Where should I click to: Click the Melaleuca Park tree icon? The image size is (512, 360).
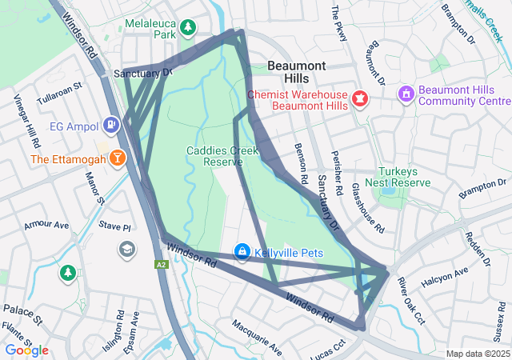point(188,28)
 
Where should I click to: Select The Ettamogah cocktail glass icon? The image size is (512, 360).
point(118,158)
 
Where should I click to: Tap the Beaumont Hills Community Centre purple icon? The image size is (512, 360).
point(406,94)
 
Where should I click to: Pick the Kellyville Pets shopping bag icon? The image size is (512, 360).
point(242,252)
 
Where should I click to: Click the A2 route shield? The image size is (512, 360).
point(162,263)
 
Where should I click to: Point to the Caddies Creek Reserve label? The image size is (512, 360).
point(214,156)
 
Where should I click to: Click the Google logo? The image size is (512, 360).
point(26,350)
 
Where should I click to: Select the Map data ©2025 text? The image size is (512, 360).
point(478,354)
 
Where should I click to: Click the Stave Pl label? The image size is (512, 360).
point(114,227)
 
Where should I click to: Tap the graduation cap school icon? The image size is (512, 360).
point(126,250)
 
